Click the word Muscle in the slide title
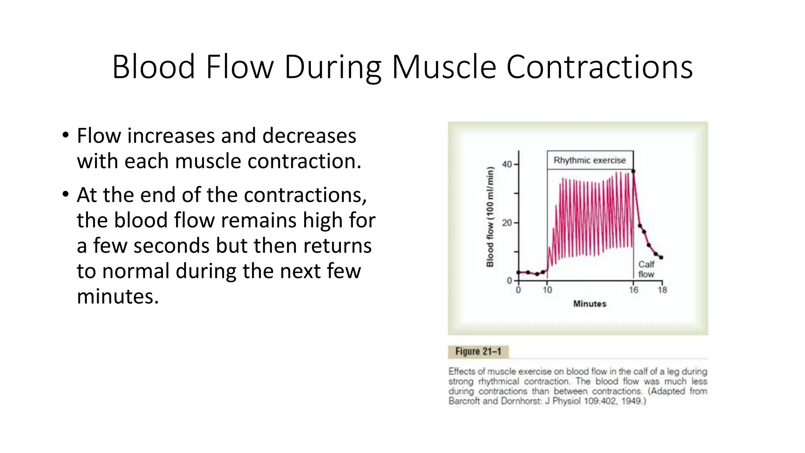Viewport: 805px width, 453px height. click(444, 67)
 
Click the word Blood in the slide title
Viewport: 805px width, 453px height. click(154, 67)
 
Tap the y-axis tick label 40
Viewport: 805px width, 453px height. click(507, 164)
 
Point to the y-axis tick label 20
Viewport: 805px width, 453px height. click(507, 223)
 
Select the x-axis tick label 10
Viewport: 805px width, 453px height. click(547, 290)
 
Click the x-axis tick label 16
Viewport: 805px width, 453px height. click(633, 290)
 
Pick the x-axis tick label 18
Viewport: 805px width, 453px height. click(662, 290)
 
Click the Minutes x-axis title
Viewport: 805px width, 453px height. click(590, 304)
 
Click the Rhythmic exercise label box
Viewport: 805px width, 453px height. click(590, 160)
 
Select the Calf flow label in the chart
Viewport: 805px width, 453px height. click(646, 269)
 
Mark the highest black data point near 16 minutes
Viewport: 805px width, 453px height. click(633, 171)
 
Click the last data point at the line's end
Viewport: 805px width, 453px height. click(661, 258)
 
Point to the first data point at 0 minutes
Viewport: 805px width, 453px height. click(518, 273)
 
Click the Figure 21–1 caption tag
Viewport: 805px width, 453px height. click(478, 352)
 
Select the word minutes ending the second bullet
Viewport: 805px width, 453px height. click(118, 296)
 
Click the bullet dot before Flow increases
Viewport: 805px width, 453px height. click(65, 136)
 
